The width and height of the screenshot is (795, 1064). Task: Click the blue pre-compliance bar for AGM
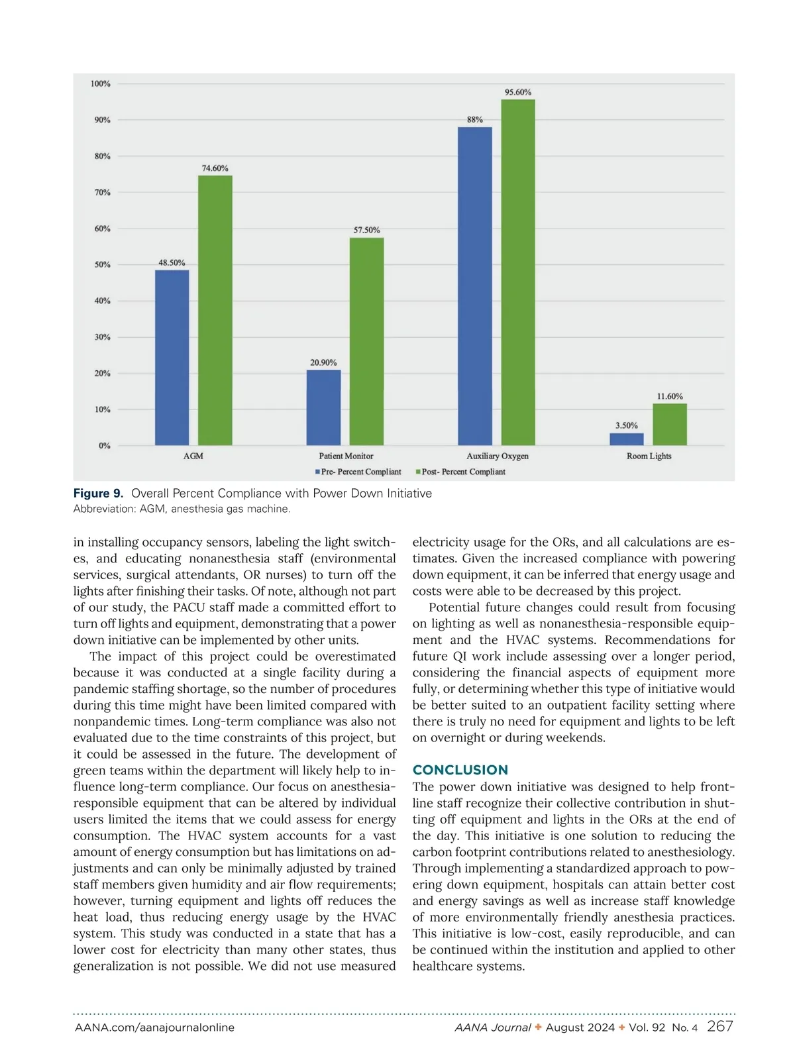click(x=172, y=357)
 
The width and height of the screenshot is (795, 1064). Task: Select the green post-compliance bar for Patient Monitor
click(x=366, y=341)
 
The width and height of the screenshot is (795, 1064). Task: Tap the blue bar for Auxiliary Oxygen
click(x=475, y=286)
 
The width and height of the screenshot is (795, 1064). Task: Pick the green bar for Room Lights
click(x=670, y=424)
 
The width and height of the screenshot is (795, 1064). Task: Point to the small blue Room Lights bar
click(x=626, y=439)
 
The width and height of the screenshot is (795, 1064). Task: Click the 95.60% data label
click(x=518, y=92)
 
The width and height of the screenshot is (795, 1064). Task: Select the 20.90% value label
click(x=323, y=362)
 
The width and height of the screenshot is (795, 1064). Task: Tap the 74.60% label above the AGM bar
click(x=215, y=168)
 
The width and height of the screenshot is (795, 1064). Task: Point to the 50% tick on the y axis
click(x=102, y=264)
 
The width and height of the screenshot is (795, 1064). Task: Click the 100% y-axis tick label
click(x=101, y=83)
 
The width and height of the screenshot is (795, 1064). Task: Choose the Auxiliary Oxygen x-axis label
click(x=498, y=456)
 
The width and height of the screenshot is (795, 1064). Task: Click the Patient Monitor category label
click(x=346, y=456)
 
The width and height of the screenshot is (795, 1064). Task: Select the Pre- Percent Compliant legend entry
click(x=358, y=472)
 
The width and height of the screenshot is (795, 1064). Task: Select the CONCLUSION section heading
click(x=460, y=770)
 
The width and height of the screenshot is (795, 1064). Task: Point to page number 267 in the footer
click(x=720, y=1026)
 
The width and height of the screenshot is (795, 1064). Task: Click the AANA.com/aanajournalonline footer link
click(x=154, y=1028)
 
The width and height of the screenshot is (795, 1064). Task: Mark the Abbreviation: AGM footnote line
click(x=182, y=509)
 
